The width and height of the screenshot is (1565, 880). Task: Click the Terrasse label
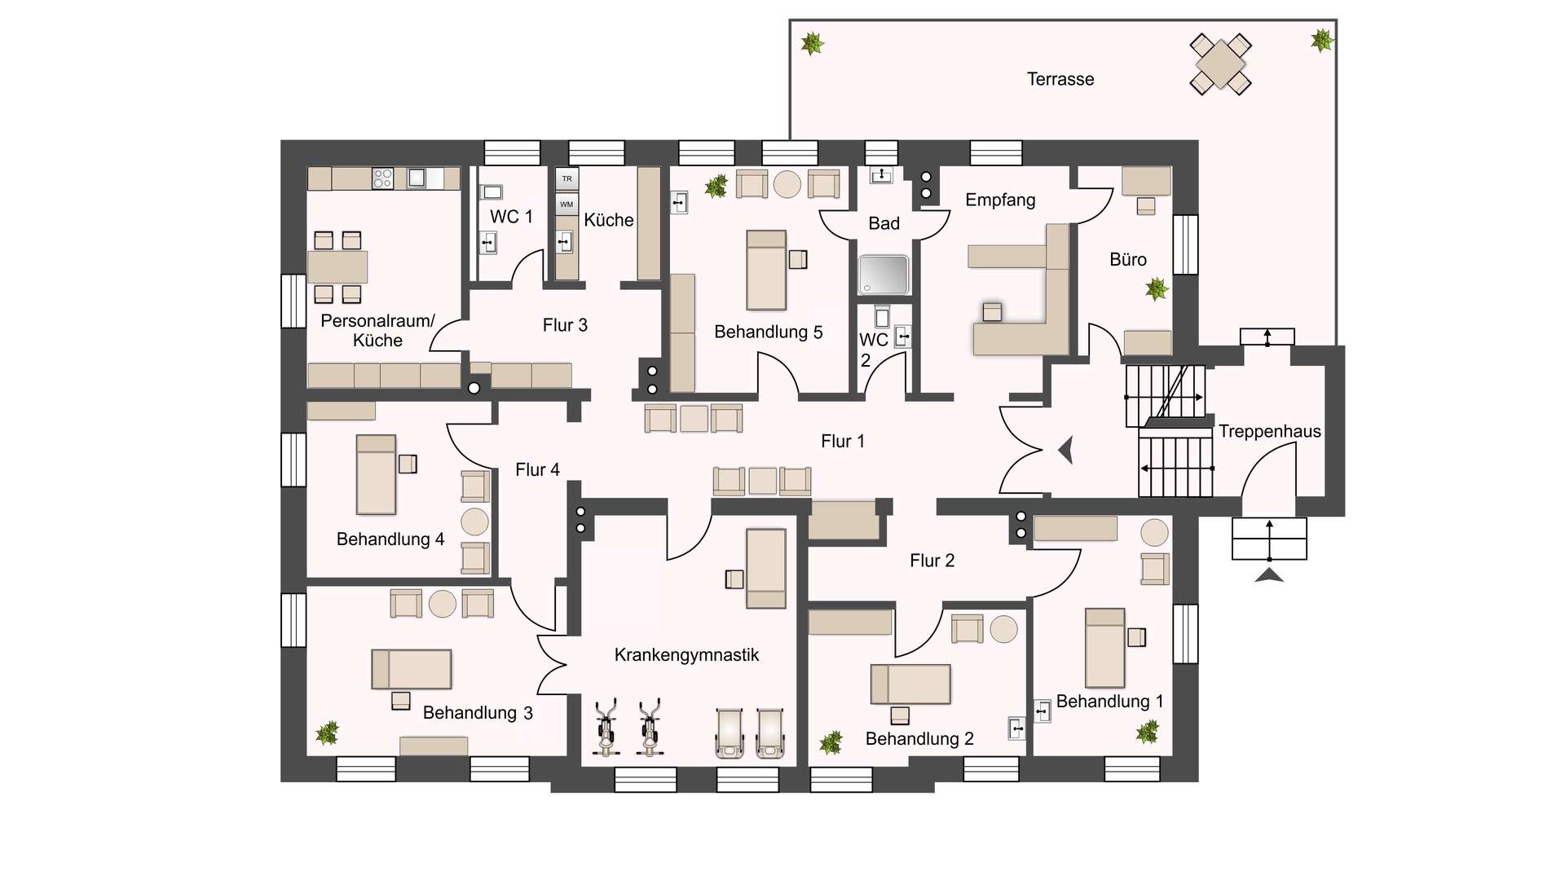1060,79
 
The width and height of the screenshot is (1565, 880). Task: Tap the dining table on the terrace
1220,64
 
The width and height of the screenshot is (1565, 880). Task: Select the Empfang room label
1000,200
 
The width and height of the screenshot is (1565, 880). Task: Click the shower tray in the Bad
883,275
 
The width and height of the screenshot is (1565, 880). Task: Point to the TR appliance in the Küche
566,178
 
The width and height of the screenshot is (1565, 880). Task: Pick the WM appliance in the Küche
566,204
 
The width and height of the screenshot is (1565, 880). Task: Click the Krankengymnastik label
686,655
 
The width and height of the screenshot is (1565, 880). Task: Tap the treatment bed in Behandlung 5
766,270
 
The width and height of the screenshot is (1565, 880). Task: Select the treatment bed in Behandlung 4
376,474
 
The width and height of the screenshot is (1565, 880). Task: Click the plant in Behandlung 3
328,732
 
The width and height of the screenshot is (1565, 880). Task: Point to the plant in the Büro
1157,288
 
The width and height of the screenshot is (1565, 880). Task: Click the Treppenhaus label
1269,432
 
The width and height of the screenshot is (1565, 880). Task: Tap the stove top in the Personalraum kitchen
382,178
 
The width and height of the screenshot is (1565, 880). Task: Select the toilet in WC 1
491,192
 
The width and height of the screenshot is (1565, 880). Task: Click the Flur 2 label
932,561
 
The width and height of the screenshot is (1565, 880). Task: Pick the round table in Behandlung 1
1154,532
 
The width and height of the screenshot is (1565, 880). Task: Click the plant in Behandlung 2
831,742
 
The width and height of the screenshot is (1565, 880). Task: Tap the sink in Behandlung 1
1043,711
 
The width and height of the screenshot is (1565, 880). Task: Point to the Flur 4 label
537,470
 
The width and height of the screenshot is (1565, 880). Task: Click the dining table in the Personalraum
337,266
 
